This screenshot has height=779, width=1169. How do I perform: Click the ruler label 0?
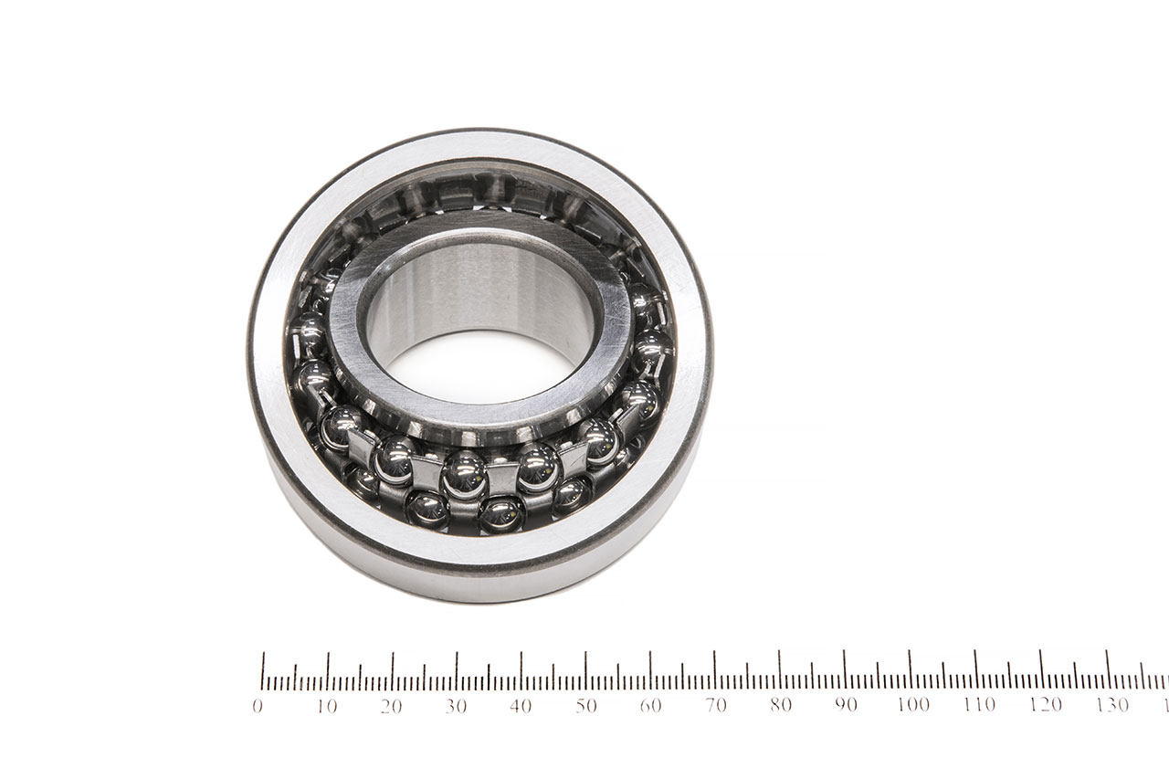click(x=257, y=707)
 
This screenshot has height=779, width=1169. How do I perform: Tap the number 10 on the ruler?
click(x=326, y=707)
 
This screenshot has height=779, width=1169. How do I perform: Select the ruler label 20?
click(x=391, y=707)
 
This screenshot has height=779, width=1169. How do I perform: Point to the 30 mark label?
click(x=456, y=707)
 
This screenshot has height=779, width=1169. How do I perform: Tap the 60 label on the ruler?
click(x=650, y=706)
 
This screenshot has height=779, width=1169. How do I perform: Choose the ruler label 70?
click(x=715, y=706)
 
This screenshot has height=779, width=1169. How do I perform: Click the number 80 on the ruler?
click(x=780, y=705)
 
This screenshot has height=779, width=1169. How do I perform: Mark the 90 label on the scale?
click(x=846, y=705)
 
